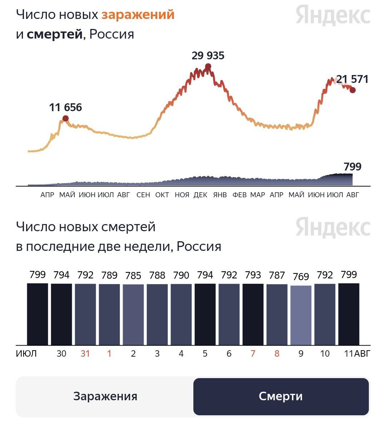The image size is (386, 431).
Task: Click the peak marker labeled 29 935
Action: [208, 66]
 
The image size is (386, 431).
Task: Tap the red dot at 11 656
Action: [65, 118]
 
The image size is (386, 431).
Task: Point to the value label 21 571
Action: [352, 79]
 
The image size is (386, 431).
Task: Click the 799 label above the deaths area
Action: [352, 167]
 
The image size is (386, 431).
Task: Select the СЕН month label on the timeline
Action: [143, 195]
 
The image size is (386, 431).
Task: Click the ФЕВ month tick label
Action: [239, 195]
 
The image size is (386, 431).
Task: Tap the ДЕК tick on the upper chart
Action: [201, 195]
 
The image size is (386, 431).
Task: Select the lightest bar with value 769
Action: [301, 315]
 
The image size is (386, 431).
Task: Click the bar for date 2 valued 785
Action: [133, 314]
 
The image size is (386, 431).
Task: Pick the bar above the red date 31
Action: [85, 314]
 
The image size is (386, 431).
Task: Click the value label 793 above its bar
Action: [253, 275]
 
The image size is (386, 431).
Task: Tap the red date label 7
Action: [253, 354]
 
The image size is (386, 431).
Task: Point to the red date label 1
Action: [109, 354]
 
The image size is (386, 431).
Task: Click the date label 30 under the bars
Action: [61, 354]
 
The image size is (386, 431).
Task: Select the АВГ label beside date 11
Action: [362, 354]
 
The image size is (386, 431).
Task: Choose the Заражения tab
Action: [105, 396]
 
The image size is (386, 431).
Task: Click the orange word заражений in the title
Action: [138, 15]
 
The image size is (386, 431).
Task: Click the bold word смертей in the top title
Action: [55, 35]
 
